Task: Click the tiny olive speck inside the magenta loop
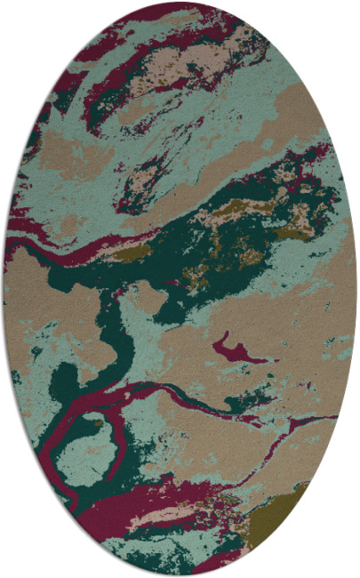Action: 97,424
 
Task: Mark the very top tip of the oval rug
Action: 180,3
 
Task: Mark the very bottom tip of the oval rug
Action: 180,575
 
